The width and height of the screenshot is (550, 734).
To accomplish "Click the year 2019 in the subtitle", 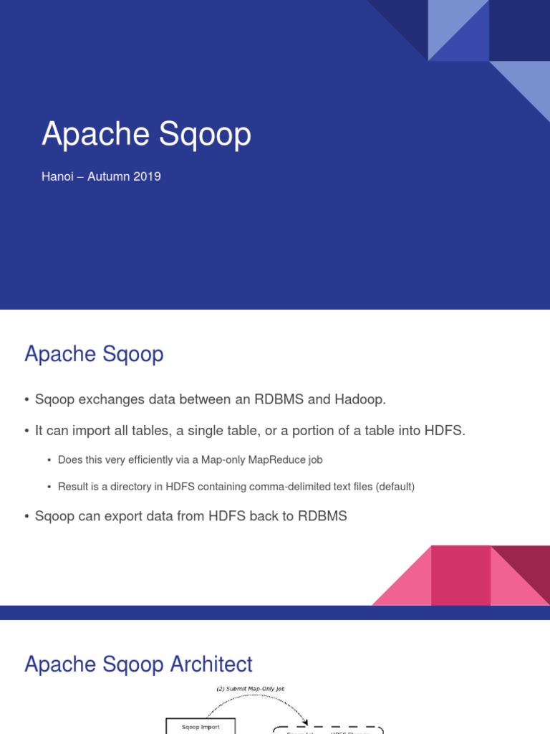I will click(x=147, y=176).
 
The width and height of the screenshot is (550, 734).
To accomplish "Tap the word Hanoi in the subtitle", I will click(x=57, y=176).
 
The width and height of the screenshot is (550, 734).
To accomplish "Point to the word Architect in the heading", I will click(x=211, y=664).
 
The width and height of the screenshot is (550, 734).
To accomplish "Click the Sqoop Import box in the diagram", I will click(x=200, y=727).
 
